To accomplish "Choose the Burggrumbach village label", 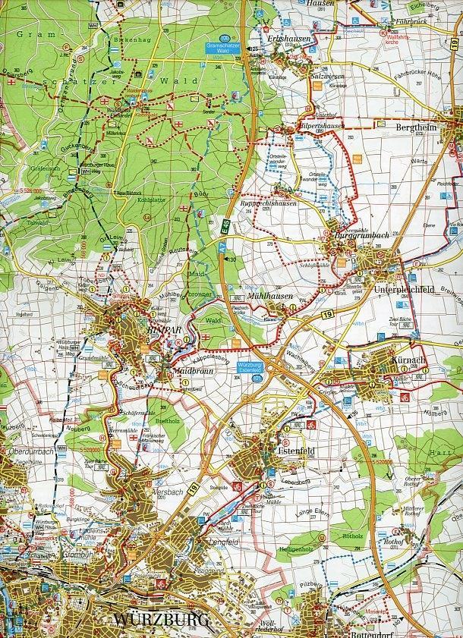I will (362, 236).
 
